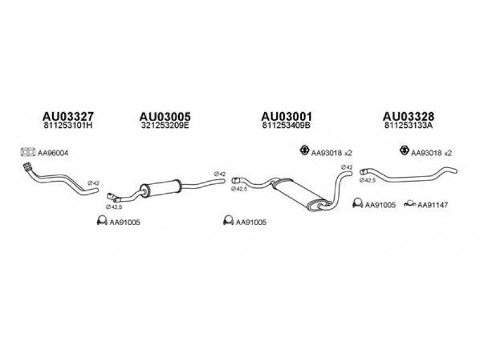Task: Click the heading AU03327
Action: click(x=68, y=116)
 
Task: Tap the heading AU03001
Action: click(x=286, y=116)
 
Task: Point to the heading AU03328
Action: click(x=408, y=116)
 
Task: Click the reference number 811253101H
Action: click(x=68, y=127)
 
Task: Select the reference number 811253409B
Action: click(x=286, y=127)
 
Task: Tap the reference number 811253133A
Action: click(x=408, y=127)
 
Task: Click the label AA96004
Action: click(x=53, y=153)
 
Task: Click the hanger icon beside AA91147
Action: click(x=411, y=205)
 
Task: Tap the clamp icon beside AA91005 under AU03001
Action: click(x=228, y=221)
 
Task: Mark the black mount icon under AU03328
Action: click(x=404, y=151)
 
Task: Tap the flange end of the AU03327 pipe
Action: click(x=26, y=166)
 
